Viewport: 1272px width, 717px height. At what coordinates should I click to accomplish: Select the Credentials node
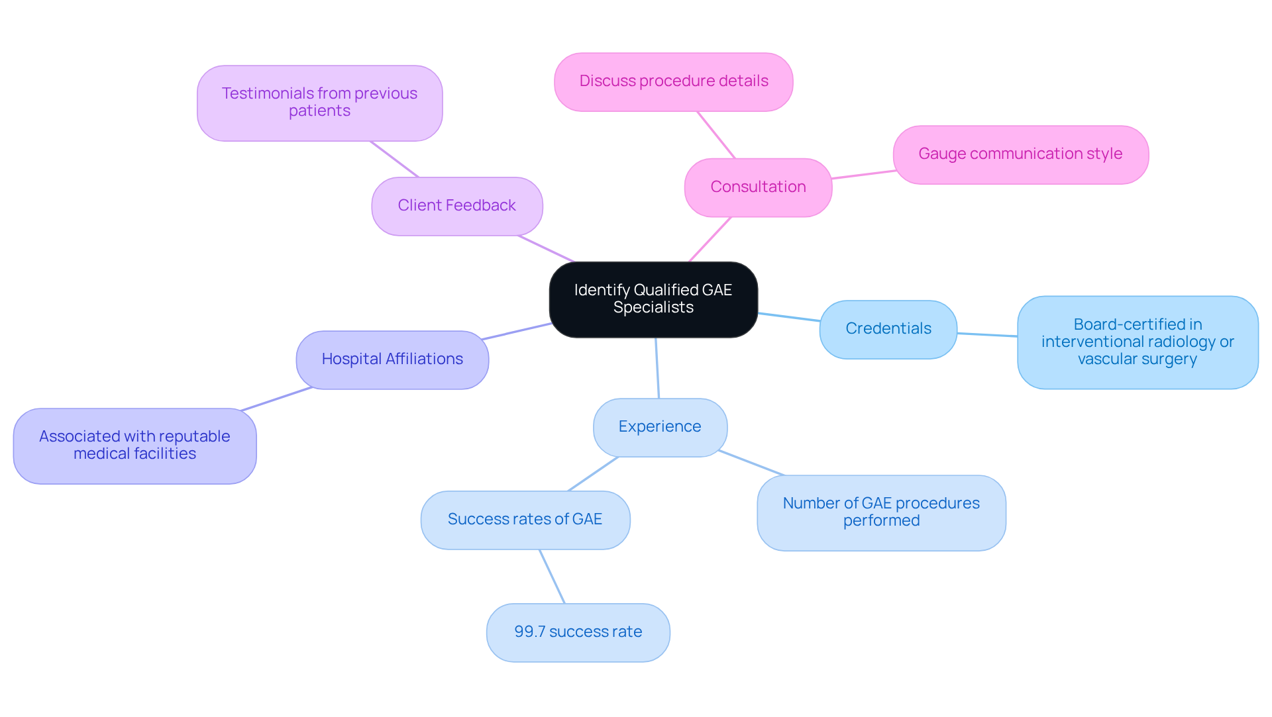888,329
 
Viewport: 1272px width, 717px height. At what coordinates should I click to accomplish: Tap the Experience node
660,427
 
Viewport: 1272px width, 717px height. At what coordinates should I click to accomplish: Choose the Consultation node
758,187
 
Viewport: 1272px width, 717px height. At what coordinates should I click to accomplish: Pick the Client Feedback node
456,206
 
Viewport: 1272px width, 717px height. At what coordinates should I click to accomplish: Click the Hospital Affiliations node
392,359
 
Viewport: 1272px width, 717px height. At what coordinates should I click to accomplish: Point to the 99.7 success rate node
578,632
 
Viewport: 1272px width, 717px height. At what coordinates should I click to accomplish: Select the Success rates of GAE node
525,520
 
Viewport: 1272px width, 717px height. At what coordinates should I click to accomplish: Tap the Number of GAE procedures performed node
881,512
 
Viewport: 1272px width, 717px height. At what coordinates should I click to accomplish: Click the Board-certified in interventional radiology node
1137,342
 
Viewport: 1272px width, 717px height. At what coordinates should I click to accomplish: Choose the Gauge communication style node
1020,154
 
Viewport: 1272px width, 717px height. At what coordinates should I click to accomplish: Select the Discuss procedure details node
673,81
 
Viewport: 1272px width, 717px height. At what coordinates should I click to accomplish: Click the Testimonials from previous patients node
319,103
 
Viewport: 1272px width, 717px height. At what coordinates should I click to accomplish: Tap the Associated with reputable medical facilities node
134,446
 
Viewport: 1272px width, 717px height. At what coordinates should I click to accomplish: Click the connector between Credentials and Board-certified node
987,335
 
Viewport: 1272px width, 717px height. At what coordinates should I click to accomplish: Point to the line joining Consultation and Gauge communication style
863,175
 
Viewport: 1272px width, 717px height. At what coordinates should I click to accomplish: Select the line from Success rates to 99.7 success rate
552,576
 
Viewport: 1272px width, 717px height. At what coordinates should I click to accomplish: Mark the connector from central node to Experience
657,368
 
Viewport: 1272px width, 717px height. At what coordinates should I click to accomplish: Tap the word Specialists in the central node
653,308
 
